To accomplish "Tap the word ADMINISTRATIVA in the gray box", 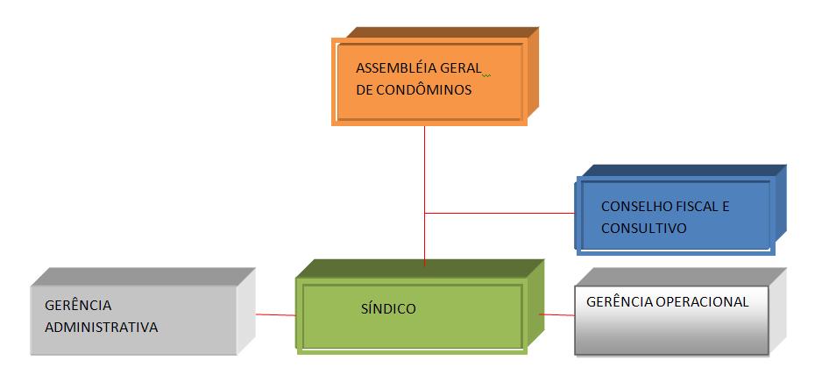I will coord(101,328).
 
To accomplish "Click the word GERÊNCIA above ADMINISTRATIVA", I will coord(79,306).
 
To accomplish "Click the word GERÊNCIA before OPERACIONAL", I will coord(614,301).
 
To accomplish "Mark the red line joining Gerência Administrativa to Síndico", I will coord(275,314).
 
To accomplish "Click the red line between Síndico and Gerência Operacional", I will coord(556,314).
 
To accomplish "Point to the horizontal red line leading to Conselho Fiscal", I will coord(500,213).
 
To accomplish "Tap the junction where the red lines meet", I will coord(425,213).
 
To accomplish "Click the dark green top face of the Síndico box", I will coord(421,268).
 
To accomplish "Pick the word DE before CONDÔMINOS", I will coord(364,89).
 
